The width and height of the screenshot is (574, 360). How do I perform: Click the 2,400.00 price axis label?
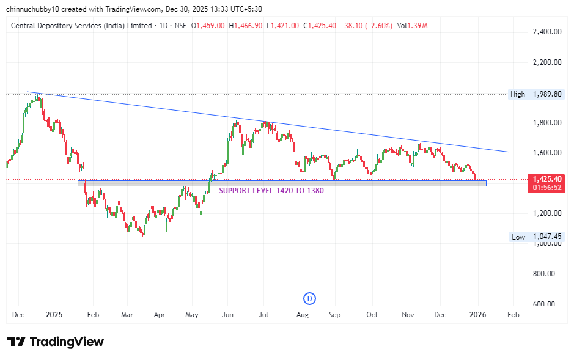547,32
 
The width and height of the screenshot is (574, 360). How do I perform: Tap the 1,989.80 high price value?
547,94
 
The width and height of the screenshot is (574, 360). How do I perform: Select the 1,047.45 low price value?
547,237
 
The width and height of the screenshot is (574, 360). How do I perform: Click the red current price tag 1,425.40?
547,179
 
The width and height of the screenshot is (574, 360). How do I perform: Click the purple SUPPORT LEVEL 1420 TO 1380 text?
271,190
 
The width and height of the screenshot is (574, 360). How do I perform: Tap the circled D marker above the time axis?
309,298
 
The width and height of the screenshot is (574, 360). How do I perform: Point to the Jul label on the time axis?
264,315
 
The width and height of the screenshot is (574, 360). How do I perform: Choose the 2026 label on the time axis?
477,315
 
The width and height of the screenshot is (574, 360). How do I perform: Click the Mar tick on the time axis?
127,315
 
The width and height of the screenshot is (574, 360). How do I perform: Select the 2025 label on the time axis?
54,315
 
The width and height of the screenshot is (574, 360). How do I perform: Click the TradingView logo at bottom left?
56,342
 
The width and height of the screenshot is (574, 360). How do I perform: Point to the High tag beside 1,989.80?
517,94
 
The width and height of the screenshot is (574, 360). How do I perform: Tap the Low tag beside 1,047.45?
518,237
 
